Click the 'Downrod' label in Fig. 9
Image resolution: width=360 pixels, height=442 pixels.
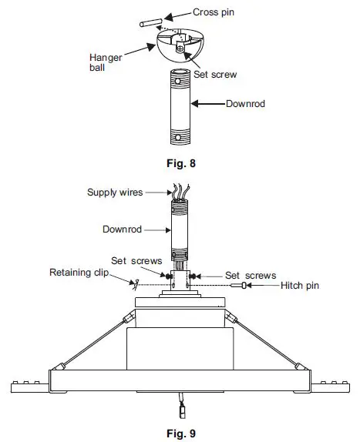121,229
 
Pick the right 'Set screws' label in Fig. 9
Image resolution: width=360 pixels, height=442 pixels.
245,274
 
